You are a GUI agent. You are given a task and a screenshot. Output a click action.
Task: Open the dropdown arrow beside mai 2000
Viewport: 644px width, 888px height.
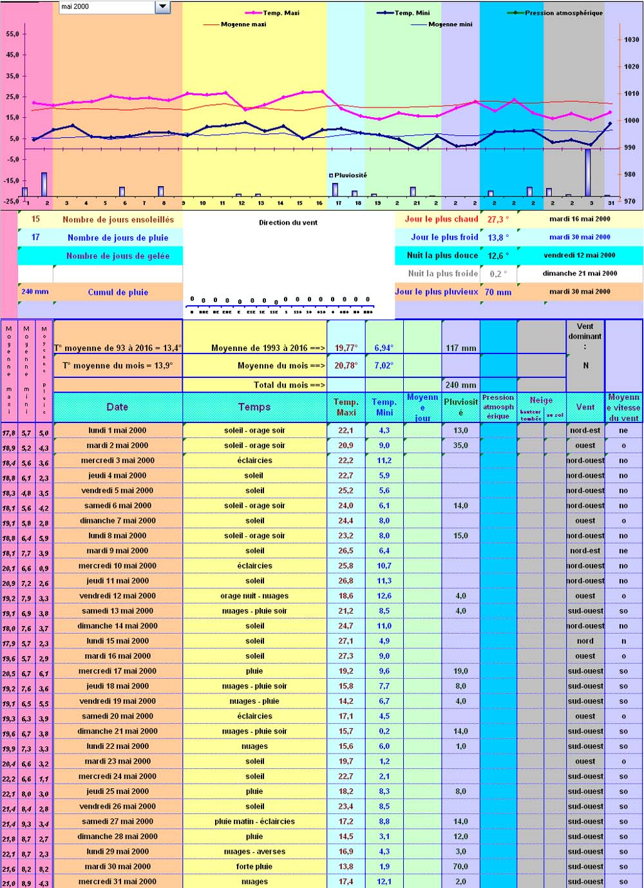point(162,6)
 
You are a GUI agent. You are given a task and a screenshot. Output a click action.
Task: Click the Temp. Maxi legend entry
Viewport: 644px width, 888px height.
point(281,13)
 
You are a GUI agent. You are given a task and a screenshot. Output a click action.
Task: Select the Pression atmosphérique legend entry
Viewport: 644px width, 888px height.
point(563,13)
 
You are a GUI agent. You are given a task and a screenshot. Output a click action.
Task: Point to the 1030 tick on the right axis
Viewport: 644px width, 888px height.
point(631,39)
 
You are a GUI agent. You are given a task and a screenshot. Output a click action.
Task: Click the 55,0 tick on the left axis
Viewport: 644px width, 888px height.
point(12,34)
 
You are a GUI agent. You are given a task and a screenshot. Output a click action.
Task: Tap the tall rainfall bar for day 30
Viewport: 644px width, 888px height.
point(588,172)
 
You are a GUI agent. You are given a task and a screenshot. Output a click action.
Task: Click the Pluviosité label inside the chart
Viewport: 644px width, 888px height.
point(350,175)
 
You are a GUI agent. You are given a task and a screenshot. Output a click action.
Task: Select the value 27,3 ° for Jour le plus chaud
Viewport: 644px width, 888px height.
point(498,220)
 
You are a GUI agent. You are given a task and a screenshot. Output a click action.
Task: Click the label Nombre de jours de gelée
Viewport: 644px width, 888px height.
point(118,256)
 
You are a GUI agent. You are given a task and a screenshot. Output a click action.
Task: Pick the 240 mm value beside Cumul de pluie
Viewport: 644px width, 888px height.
point(35,292)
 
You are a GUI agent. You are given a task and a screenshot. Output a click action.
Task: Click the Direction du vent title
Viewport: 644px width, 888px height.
point(288,223)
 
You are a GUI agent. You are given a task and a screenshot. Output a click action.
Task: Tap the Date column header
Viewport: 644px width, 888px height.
point(117,407)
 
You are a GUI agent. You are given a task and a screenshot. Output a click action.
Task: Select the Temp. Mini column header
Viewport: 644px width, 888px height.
point(384,407)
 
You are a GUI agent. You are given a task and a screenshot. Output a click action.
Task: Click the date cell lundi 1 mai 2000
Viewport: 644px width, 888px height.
point(117,430)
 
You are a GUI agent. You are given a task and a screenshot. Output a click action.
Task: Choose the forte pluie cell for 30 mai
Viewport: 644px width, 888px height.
point(254,867)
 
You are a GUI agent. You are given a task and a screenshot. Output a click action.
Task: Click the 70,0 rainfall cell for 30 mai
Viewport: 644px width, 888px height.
point(460,867)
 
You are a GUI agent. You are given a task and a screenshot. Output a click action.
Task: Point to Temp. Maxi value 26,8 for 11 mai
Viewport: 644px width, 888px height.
point(346,581)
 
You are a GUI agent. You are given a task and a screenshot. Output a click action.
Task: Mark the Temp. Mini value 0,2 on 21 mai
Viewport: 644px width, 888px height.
point(384,732)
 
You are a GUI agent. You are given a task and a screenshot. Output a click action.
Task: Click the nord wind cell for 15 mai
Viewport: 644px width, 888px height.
point(585,641)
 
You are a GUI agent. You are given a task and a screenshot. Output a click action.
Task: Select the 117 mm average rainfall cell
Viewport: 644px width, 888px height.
point(461,348)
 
